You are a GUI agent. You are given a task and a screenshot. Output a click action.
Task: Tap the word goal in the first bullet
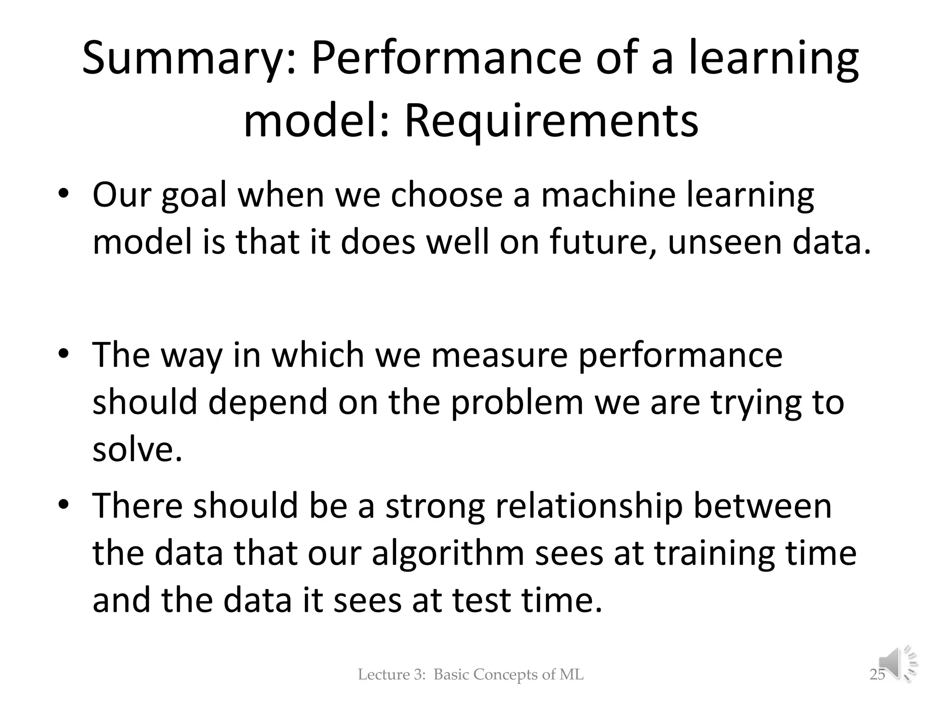click(x=194, y=196)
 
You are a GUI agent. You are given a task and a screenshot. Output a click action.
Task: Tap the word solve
click(x=137, y=449)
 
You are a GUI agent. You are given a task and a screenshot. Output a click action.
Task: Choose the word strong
click(x=435, y=507)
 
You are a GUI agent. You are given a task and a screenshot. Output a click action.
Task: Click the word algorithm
click(x=448, y=554)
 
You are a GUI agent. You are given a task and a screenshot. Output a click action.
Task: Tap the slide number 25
click(x=877, y=675)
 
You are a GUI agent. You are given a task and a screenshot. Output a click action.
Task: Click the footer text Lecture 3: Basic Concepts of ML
click(x=471, y=675)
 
